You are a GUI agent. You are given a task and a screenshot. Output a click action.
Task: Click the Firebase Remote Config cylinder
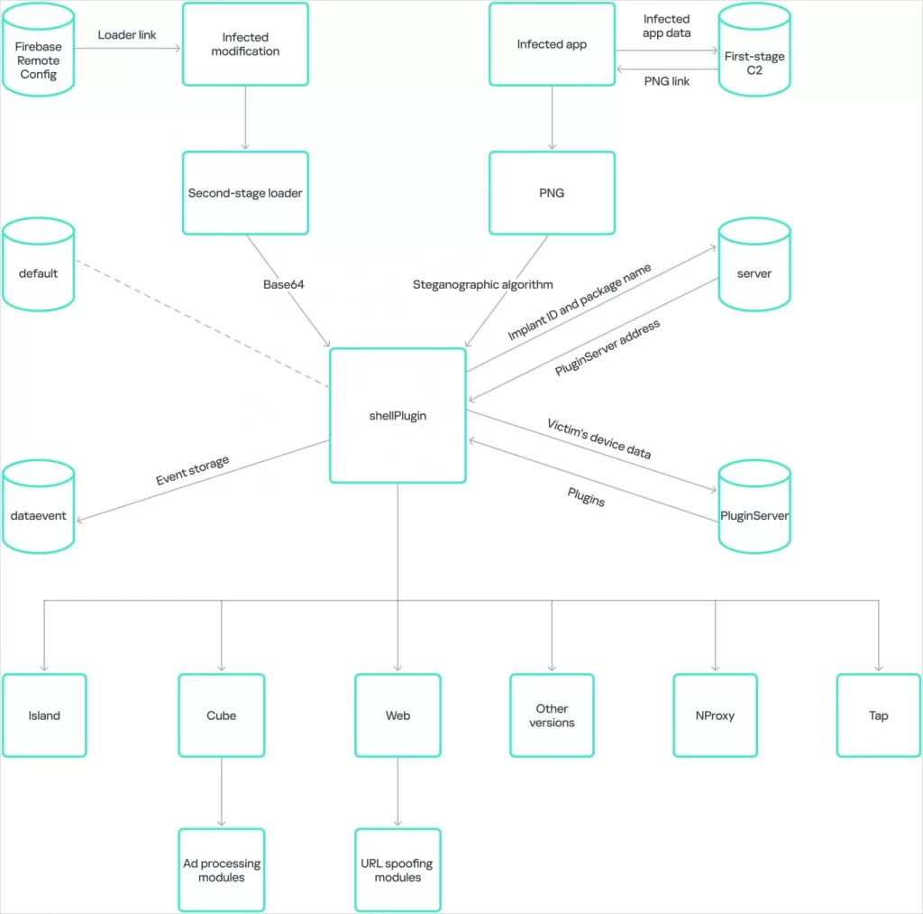(38, 50)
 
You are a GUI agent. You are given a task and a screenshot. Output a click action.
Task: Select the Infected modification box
(245, 44)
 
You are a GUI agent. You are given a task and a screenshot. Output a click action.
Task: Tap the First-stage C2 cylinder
(754, 50)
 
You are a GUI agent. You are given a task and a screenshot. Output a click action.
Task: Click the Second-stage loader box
(245, 193)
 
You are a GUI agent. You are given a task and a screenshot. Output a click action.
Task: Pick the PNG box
(552, 193)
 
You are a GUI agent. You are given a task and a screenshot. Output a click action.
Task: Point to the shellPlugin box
(398, 415)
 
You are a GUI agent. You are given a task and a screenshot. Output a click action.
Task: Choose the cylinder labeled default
(38, 264)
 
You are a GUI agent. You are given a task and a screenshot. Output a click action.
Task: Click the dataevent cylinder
(38, 507)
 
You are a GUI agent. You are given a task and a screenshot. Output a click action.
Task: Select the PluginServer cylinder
(754, 507)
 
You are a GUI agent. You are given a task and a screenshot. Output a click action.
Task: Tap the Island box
(44, 716)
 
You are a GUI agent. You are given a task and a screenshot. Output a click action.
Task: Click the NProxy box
(715, 716)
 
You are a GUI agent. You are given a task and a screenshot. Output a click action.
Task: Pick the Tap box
(878, 716)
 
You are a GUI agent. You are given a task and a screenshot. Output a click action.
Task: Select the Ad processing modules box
(222, 870)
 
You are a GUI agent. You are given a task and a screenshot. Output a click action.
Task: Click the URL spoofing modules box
(398, 870)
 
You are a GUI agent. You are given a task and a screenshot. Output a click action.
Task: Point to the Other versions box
(552, 716)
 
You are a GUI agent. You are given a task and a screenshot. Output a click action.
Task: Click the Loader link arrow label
(127, 35)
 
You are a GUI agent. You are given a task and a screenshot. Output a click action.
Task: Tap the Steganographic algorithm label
(483, 284)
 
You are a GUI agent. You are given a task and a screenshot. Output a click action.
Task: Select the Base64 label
(284, 284)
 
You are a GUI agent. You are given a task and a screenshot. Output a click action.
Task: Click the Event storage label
(193, 470)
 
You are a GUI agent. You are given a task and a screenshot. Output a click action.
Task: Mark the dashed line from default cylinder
(203, 324)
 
